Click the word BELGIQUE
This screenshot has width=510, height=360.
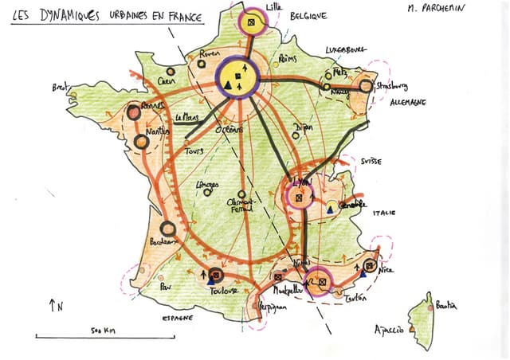tap(307, 15)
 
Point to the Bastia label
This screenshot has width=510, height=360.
tap(445, 306)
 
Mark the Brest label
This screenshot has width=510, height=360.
tap(61, 86)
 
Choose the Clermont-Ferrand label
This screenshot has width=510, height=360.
tap(240, 205)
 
